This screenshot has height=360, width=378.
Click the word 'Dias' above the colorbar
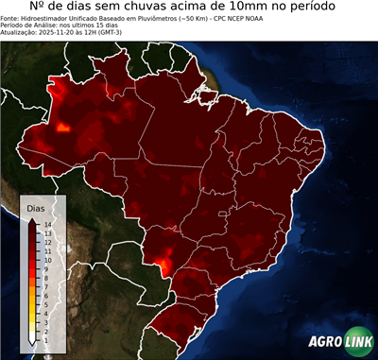point(36,207)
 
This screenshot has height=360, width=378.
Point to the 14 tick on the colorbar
point(47,224)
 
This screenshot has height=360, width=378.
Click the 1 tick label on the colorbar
point(45,338)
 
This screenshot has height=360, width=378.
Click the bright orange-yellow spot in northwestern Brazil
point(64,126)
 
